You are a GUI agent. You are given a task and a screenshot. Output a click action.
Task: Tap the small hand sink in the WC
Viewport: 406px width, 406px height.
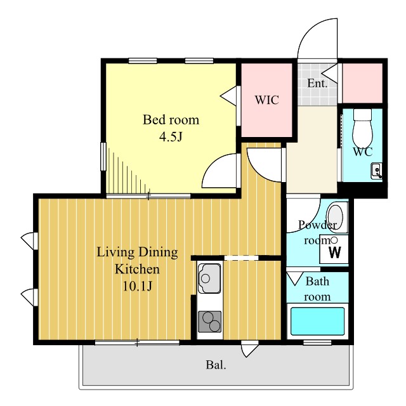pyautogui.click(x=376, y=171)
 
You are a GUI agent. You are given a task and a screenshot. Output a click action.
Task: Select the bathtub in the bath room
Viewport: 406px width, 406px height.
pyautogui.click(x=317, y=321)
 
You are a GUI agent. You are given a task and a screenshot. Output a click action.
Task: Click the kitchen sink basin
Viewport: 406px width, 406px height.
pyautogui.click(x=209, y=278)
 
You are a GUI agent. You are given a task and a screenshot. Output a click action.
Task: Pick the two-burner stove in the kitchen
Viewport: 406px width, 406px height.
pyautogui.click(x=210, y=322)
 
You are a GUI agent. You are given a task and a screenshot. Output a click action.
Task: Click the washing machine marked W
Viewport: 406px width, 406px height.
pyautogui.click(x=334, y=249)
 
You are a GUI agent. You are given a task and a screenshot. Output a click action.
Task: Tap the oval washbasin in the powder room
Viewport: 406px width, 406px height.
pyautogui.click(x=336, y=217)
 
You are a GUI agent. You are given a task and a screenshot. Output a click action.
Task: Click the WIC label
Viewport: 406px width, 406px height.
pyautogui.click(x=266, y=100)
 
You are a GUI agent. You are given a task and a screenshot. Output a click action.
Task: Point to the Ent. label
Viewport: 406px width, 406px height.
pyautogui.click(x=317, y=83)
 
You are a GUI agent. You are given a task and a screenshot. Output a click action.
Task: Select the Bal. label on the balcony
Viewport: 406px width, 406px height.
pyautogui.click(x=216, y=365)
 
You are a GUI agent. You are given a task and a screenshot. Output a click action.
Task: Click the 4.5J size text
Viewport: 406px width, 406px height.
pyautogui.click(x=171, y=137)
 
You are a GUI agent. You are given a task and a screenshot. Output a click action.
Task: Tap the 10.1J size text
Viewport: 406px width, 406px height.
pyautogui.click(x=137, y=286)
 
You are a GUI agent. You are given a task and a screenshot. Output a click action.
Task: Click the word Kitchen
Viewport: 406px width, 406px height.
pyautogui.click(x=137, y=269)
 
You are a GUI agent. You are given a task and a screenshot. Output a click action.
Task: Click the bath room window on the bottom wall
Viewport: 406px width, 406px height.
pyautogui.click(x=317, y=343)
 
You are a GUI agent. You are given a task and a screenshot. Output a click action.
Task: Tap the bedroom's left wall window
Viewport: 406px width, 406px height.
pyautogui.click(x=103, y=157)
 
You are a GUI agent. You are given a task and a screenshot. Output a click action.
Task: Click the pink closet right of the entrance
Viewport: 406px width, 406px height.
pyautogui.click(x=362, y=83)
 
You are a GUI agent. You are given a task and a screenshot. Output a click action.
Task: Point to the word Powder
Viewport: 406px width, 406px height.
pyautogui.click(x=317, y=225)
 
